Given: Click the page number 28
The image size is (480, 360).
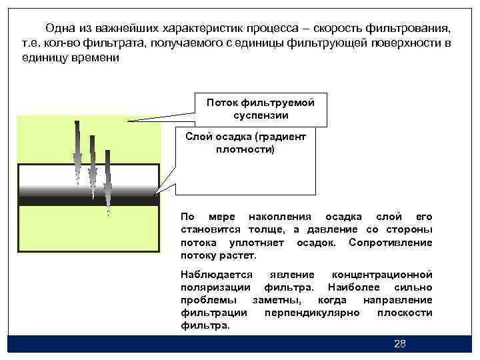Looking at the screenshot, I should [x=400, y=344].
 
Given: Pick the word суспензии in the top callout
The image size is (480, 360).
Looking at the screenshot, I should [x=261, y=115].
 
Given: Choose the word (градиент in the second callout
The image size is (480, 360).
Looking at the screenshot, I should [x=279, y=137].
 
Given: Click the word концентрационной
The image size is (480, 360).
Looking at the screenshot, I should [x=382, y=275].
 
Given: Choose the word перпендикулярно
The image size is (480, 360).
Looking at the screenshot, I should [x=311, y=313].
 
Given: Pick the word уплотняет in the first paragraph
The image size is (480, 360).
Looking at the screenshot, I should [x=253, y=242].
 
